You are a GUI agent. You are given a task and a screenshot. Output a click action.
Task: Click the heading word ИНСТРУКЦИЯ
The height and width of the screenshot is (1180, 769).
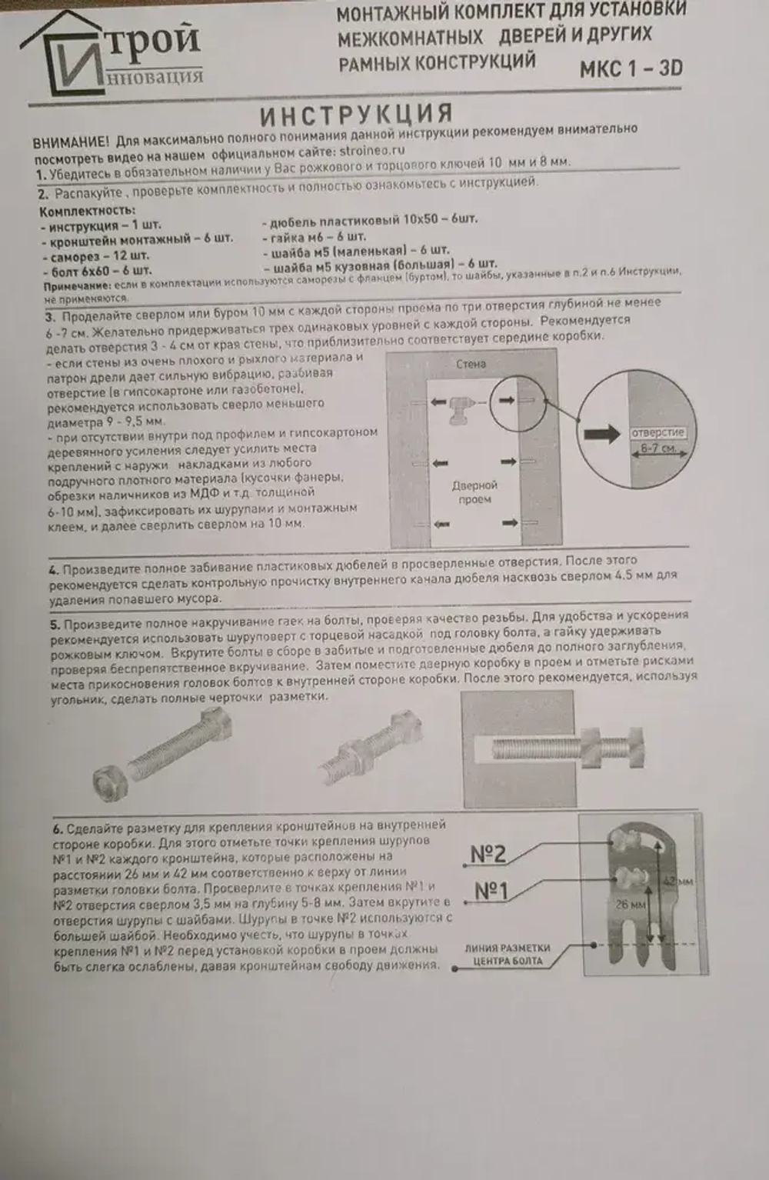pos(355,115)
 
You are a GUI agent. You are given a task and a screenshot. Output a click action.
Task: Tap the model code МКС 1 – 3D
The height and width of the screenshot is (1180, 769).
pos(631,69)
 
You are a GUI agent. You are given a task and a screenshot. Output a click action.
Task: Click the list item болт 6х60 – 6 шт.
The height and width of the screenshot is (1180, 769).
pos(96,271)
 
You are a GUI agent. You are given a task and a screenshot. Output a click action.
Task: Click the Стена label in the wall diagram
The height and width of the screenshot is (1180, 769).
pos(470,364)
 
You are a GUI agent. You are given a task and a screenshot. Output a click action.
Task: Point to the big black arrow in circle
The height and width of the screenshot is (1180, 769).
pos(602,435)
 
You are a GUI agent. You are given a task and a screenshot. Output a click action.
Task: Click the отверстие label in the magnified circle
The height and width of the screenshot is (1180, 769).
pos(657,432)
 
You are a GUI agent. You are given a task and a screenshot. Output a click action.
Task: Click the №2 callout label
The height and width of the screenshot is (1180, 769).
pos(488,854)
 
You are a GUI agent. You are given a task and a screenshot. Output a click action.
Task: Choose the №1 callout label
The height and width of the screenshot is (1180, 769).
pos(491,891)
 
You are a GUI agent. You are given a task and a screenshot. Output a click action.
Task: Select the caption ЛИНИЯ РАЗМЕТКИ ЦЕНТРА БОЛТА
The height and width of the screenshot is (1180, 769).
pos(508,955)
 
